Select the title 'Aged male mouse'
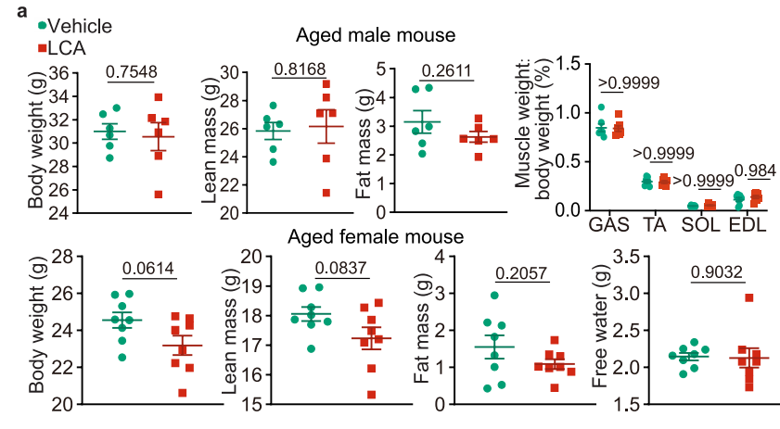tap(375, 36)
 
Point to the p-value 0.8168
tap(301, 70)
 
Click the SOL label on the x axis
tap(699, 225)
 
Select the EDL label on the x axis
tap(748, 225)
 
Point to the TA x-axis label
tap(657, 225)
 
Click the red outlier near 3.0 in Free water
tap(748, 297)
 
